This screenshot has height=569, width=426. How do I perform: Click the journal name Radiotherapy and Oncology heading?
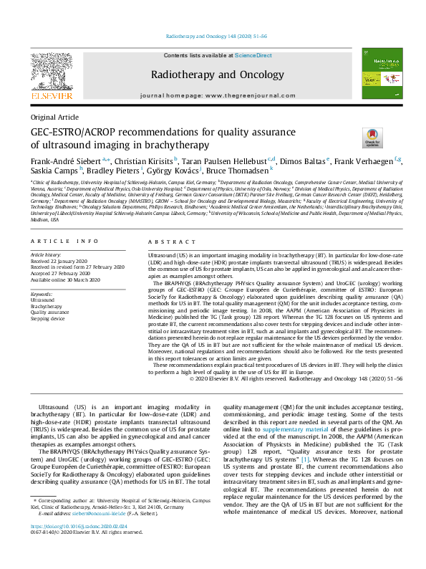tap(213, 75)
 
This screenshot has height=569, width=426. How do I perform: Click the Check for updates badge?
tap(372, 136)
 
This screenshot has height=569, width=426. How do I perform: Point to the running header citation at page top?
tap(213, 36)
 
